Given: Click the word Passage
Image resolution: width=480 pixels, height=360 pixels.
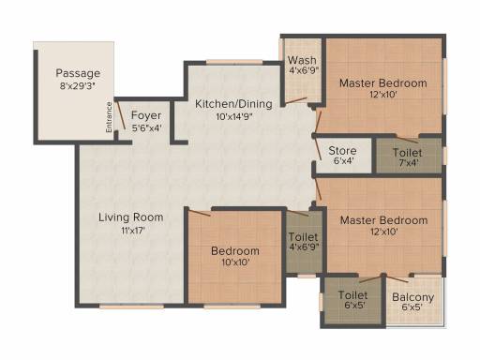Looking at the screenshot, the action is coord(78,73).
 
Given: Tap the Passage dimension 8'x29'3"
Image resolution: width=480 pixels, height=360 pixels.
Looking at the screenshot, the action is coord(78,85).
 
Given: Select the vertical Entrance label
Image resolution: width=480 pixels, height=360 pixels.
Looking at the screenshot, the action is coord(109,117).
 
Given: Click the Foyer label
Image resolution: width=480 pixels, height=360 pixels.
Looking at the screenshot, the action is coord(146,115).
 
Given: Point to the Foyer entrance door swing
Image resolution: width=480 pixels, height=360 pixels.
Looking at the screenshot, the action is coord(121,115).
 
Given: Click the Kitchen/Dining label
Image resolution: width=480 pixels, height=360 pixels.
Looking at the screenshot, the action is coord(233,104).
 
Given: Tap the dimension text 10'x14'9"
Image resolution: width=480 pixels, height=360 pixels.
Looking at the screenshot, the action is coord(234,116).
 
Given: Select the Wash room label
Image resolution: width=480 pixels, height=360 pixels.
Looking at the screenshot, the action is coord(302,60).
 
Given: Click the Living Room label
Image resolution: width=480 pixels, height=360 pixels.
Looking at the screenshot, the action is coord(131,217).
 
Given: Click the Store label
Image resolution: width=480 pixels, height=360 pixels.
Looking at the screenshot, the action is coord(342,151).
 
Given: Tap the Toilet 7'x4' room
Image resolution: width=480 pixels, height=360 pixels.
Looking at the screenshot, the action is coord(409,156).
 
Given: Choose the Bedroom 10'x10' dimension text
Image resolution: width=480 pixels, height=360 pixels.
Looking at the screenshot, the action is coord(235,262).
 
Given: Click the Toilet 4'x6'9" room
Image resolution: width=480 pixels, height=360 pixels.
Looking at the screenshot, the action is coord(304,242).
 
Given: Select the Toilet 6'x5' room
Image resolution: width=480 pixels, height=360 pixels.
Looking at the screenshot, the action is coord(352,300).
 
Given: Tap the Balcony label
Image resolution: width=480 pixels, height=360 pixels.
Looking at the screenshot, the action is coord(413,297).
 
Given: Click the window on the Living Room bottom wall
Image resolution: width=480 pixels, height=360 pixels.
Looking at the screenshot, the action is coord(131,307).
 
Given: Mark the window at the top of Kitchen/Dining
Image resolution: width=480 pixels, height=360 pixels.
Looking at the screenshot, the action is coord(234,62).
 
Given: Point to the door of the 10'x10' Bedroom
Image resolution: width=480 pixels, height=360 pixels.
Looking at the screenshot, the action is coord(200,213).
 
